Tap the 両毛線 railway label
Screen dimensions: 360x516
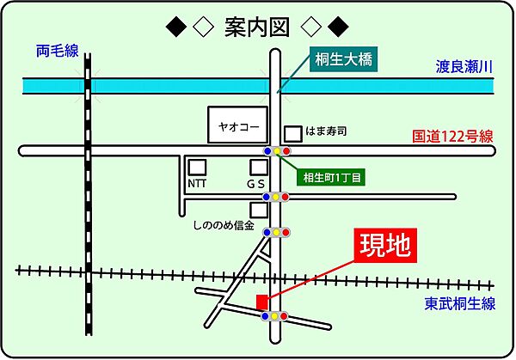coord(57,52)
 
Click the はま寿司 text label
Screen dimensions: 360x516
coord(329,131)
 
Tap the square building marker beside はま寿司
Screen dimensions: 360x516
coord(293,133)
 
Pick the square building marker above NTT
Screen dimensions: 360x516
coord(198,167)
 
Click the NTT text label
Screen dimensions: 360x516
coord(198,184)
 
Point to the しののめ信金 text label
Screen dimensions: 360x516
coord(224,227)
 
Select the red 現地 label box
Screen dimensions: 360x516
coord(384,247)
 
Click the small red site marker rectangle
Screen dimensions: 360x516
coord(261,302)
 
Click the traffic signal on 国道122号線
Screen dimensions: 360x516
coord(276,151)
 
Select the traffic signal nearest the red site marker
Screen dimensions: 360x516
coord(274,317)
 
